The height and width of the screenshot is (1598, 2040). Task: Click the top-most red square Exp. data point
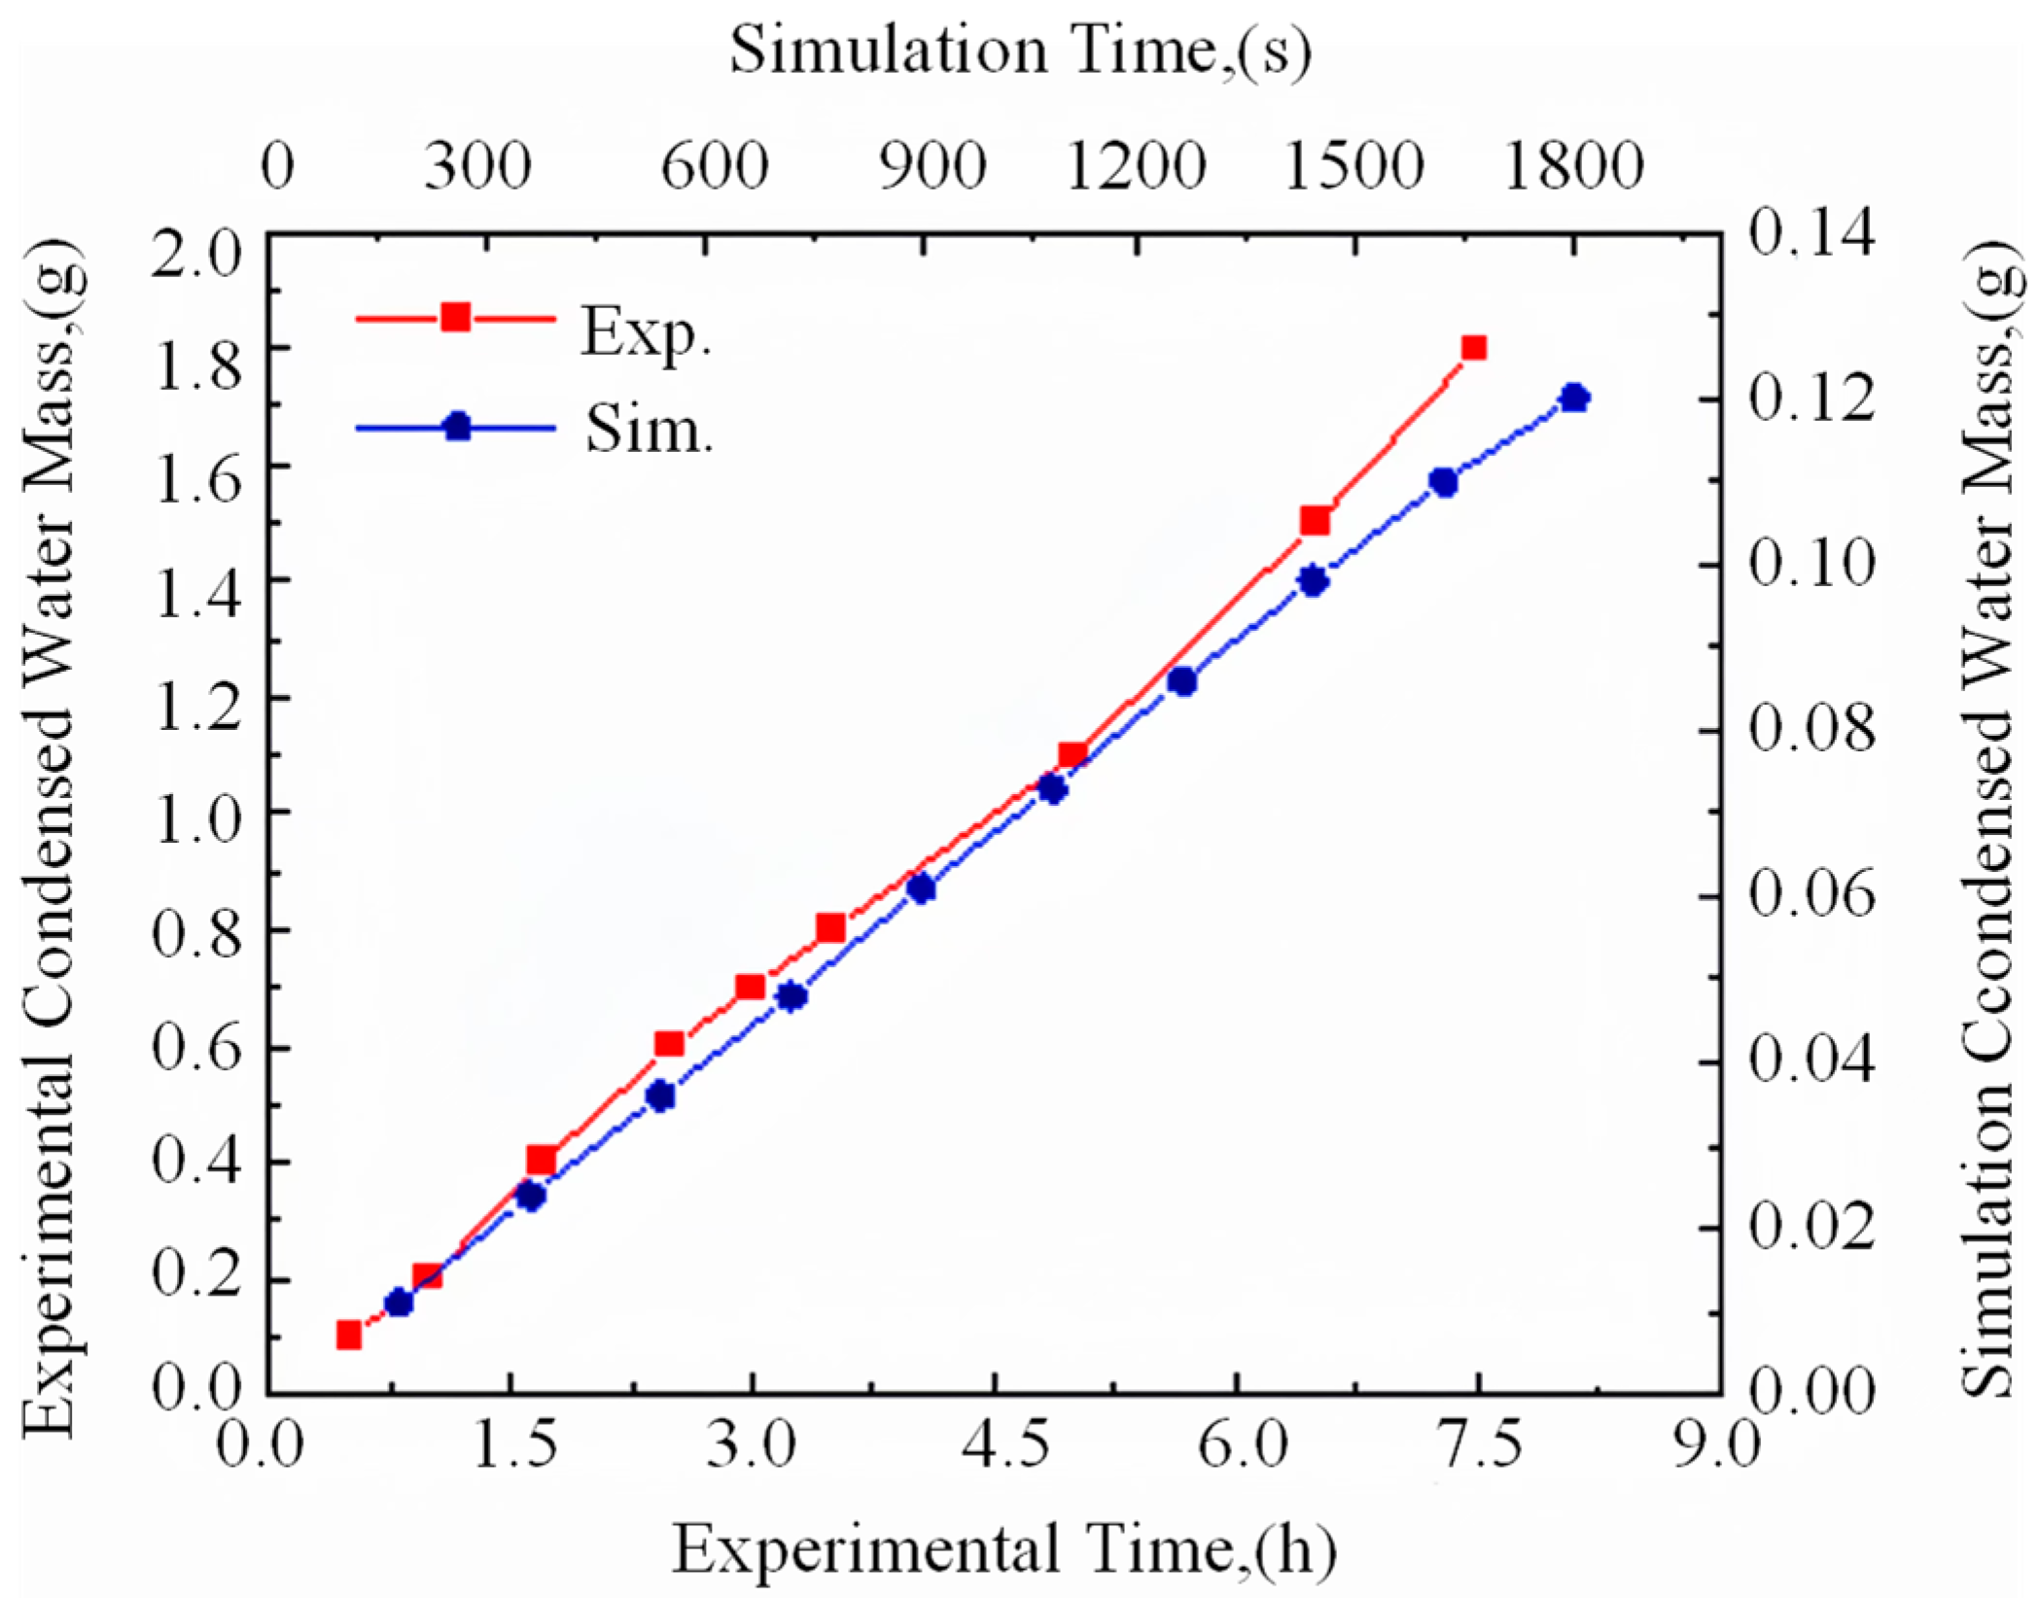pos(1474,348)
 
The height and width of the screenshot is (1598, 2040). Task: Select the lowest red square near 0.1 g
pos(349,1335)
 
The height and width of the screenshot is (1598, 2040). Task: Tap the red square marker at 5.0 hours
pos(1073,755)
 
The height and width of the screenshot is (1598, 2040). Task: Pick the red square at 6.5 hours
pos(1315,521)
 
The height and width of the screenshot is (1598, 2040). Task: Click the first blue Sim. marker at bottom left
pos(399,1303)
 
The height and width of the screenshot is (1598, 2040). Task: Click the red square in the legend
pos(455,318)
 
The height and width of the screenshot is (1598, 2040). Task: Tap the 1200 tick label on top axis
pos(1136,165)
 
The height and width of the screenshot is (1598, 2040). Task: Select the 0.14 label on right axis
pos(1811,235)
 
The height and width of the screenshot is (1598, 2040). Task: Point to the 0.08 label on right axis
pos(1811,731)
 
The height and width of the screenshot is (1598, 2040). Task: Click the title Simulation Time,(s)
pos(1020,51)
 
